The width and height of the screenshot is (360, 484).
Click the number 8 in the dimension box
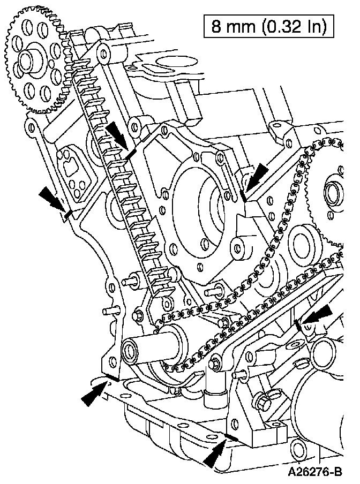pos(217,27)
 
